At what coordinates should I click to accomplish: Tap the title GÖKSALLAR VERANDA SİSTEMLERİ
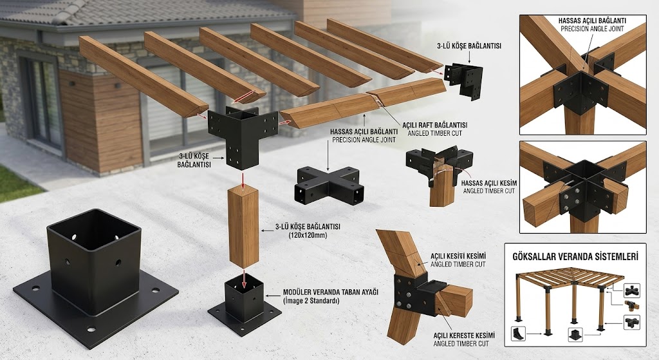(575, 256)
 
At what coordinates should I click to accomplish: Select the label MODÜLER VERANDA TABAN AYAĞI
(331, 292)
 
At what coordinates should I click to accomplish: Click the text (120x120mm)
(308, 235)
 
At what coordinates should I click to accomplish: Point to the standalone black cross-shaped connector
(328, 185)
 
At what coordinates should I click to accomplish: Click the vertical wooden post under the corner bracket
(243, 227)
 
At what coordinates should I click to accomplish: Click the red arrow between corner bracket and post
(243, 179)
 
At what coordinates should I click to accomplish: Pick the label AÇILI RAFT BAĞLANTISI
(434, 126)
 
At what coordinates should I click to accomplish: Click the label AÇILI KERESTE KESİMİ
(463, 336)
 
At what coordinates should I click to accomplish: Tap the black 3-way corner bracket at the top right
(464, 81)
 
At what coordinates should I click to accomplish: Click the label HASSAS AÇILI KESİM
(489, 184)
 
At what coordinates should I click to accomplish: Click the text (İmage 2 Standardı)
(311, 301)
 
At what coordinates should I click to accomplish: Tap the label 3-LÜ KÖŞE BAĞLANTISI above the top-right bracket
(469, 46)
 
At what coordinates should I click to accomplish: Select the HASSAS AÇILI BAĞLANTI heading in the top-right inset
(592, 20)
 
